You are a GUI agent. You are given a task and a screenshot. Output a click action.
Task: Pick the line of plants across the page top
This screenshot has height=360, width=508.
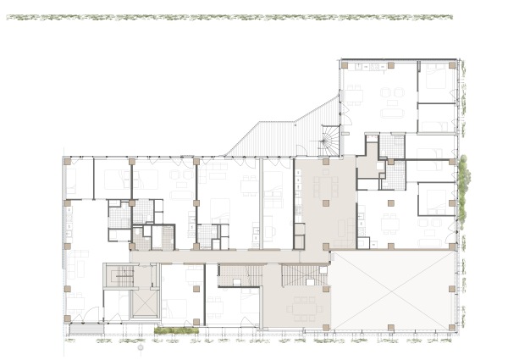pyautogui.click(x=229, y=17)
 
